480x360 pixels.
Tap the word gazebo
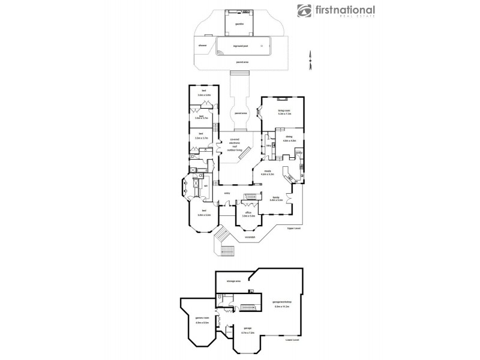(x=239, y=29)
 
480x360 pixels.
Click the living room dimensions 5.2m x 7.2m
(x=284, y=113)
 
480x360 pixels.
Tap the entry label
(x=227, y=193)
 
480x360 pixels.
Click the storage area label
(x=233, y=280)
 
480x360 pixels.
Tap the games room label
(x=202, y=317)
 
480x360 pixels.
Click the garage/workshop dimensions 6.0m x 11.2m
(x=281, y=307)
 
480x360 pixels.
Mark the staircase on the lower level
(x=248, y=308)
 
